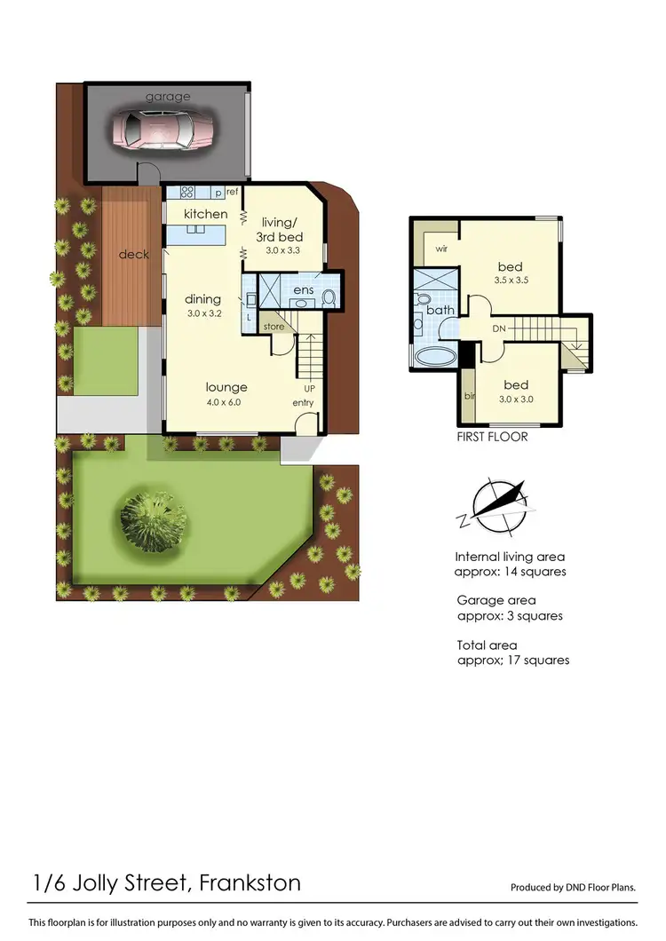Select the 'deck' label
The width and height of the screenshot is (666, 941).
(x=133, y=255)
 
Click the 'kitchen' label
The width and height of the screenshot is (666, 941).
(x=205, y=214)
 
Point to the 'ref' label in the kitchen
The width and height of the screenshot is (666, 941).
(x=232, y=192)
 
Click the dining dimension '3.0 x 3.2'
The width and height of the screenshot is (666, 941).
(x=202, y=314)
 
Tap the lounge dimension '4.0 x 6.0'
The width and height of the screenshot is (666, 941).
(x=226, y=402)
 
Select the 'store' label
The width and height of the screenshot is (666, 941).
(x=274, y=328)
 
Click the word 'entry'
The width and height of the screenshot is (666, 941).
(x=305, y=404)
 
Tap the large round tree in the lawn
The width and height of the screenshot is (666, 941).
(x=154, y=516)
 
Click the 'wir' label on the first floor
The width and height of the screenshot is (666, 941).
(x=440, y=249)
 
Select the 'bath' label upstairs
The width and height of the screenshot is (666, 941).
(x=440, y=310)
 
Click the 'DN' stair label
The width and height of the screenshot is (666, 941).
(x=500, y=328)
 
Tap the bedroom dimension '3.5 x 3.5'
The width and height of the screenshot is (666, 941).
(x=510, y=281)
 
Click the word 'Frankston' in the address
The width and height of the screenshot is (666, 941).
(x=250, y=882)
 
